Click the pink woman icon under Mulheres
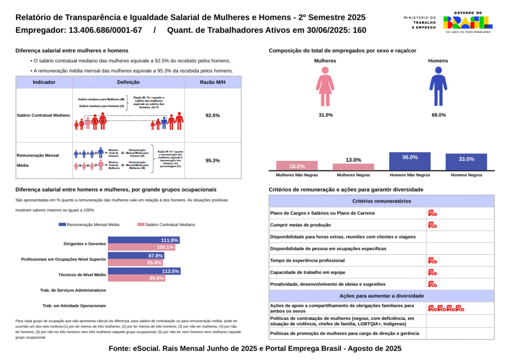coord(325,87)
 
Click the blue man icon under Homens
coord(438,87)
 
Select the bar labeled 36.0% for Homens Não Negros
coord(410,161)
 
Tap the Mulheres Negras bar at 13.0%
coord(353,167)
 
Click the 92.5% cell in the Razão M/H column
coord(212,115)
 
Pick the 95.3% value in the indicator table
coord(212,160)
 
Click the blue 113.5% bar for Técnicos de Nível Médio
coord(144,272)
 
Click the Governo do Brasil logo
coord(467,22)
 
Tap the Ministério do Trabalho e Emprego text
coord(420,22)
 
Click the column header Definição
coord(128,82)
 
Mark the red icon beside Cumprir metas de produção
coord(432,225)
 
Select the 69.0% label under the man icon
coord(439,115)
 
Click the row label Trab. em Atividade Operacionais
coord(74,306)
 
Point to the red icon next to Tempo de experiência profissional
coord(432,260)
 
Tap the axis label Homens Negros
coord(466,175)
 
